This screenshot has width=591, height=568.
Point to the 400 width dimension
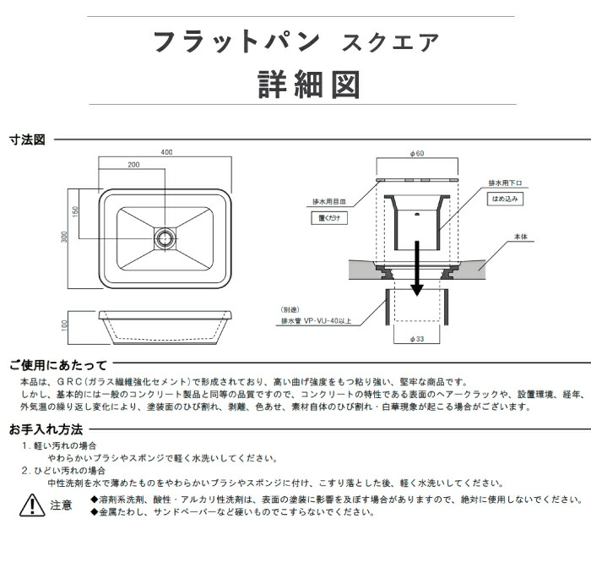[x=165, y=152]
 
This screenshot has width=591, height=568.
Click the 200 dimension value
[x=133, y=165]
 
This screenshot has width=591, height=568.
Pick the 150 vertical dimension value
[x=75, y=211]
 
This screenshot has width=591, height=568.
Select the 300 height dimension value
[x=64, y=238]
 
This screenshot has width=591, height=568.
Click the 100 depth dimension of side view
[x=64, y=324]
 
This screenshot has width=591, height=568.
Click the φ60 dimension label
[x=416, y=153]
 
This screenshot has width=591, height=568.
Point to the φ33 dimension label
[x=416, y=339]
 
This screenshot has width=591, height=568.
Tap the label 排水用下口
[x=507, y=183]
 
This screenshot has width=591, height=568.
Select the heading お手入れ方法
[x=46, y=429]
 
